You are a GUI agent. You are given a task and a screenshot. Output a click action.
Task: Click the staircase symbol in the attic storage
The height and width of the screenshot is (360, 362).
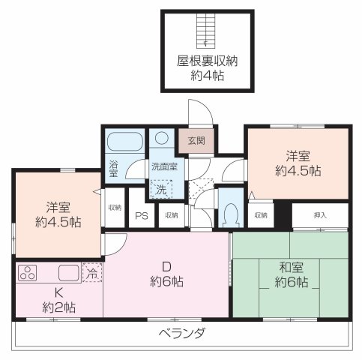[201, 31]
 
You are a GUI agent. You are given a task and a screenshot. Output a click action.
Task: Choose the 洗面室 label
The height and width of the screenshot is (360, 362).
[164, 166]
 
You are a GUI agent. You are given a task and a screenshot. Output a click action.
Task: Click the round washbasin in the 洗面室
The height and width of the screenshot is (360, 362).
[161, 139]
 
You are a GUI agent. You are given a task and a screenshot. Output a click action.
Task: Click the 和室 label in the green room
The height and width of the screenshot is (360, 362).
[291, 268]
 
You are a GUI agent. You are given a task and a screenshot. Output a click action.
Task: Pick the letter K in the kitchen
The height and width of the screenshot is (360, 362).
[57, 292]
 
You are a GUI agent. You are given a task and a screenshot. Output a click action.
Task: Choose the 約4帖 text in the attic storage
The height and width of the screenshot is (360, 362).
[208, 76]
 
